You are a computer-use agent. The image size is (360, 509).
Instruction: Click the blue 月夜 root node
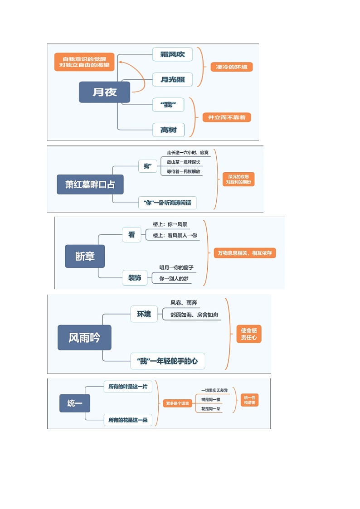click(x=104, y=92)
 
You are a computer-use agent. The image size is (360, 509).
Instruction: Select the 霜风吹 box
click(x=173, y=54)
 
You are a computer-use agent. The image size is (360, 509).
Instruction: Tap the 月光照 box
click(x=173, y=80)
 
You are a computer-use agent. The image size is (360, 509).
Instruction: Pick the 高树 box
click(x=168, y=130)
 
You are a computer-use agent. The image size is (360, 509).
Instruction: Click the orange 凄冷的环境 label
click(x=232, y=67)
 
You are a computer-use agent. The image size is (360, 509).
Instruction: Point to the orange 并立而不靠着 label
click(x=227, y=117)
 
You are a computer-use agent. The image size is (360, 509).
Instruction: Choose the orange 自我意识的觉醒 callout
click(x=85, y=62)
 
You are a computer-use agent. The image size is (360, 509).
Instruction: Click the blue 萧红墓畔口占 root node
click(x=90, y=184)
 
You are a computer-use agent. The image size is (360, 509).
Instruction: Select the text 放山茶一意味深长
click(x=184, y=162)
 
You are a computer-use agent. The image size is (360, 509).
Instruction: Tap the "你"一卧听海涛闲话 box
click(x=167, y=203)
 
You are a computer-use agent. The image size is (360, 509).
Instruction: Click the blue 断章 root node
click(x=85, y=256)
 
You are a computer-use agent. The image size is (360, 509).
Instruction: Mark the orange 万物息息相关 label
click(x=245, y=253)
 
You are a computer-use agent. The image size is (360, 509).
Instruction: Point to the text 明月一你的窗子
click(x=176, y=267)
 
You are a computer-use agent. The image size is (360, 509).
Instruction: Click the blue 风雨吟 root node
click(x=84, y=338)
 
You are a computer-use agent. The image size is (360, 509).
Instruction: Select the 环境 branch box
click(x=144, y=314)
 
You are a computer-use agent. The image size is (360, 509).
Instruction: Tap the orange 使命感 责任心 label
click(x=249, y=334)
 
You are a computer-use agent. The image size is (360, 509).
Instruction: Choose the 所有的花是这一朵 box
click(x=128, y=420)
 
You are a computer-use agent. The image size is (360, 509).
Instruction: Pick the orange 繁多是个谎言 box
click(x=178, y=403)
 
